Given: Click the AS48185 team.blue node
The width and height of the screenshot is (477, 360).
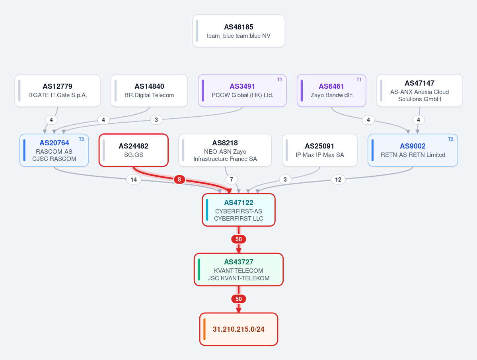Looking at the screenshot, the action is [x=239, y=31].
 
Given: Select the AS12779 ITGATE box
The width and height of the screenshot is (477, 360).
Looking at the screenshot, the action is [x=58, y=90].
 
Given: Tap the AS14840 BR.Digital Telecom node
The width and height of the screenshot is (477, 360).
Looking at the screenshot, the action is [x=149, y=90].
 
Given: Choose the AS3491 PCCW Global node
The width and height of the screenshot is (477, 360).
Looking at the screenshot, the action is [x=242, y=90].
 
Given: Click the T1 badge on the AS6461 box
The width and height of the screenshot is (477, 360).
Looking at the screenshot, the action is [x=359, y=80].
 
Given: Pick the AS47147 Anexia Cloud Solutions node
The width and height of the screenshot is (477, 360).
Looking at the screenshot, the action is [x=419, y=90].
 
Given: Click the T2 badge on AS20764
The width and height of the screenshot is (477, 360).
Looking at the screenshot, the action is [x=81, y=139].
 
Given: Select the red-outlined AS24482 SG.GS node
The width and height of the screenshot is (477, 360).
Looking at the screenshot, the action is [x=134, y=150].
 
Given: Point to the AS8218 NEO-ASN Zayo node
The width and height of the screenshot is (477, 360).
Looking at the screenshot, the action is [x=225, y=150].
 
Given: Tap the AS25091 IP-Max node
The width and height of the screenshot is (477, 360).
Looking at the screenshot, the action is [x=320, y=150].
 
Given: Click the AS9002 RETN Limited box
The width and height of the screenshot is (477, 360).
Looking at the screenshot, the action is [x=413, y=150].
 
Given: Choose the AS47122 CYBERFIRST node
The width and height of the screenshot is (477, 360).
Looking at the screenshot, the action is [x=239, y=210].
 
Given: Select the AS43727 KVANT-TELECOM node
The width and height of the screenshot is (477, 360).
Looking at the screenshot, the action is [x=239, y=270].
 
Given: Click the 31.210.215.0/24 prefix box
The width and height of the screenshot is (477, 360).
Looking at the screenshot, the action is [x=239, y=329].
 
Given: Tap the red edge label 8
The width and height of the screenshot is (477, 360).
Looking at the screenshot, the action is [x=179, y=179].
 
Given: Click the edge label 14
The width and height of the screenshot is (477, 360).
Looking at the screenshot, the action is [x=134, y=179].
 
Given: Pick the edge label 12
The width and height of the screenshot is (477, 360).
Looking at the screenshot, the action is [x=338, y=179].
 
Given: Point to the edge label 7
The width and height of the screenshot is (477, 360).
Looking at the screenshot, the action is [x=232, y=179].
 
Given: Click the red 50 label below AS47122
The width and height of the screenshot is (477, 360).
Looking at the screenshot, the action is [x=239, y=239].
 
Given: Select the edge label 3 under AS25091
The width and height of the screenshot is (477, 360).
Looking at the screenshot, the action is [x=285, y=179].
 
